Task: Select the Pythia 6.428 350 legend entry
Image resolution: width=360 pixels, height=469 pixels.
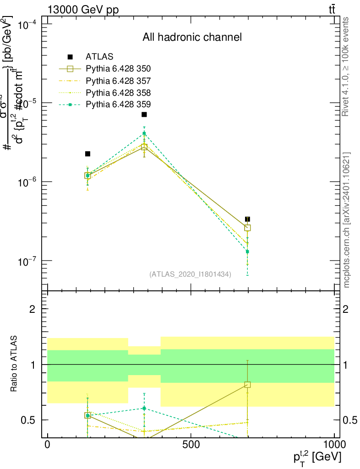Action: (x=118, y=69)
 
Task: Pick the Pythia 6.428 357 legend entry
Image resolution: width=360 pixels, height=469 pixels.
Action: (x=118, y=81)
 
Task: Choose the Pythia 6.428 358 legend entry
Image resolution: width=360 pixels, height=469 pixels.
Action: (x=118, y=93)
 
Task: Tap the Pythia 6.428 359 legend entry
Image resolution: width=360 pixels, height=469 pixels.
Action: (x=118, y=104)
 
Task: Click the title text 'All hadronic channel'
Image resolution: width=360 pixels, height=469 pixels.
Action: (x=192, y=37)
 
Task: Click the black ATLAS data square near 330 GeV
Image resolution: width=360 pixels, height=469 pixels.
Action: (x=144, y=115)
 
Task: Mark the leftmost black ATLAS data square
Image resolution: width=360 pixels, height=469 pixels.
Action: (x=87, y=154)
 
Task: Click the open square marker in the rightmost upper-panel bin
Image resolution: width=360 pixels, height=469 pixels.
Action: (x=247, y=228)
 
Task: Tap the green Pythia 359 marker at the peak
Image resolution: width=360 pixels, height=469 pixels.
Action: (x=144, y=133)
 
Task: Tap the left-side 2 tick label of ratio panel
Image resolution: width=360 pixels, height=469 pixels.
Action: (x=33, y=309)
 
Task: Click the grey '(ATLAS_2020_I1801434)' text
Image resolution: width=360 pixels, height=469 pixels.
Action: (x=190, y=274)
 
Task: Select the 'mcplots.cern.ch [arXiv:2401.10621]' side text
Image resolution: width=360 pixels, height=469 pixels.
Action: (x=347, y=220)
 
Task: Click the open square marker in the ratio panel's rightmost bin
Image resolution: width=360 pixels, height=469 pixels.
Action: (x=247, y=385)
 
